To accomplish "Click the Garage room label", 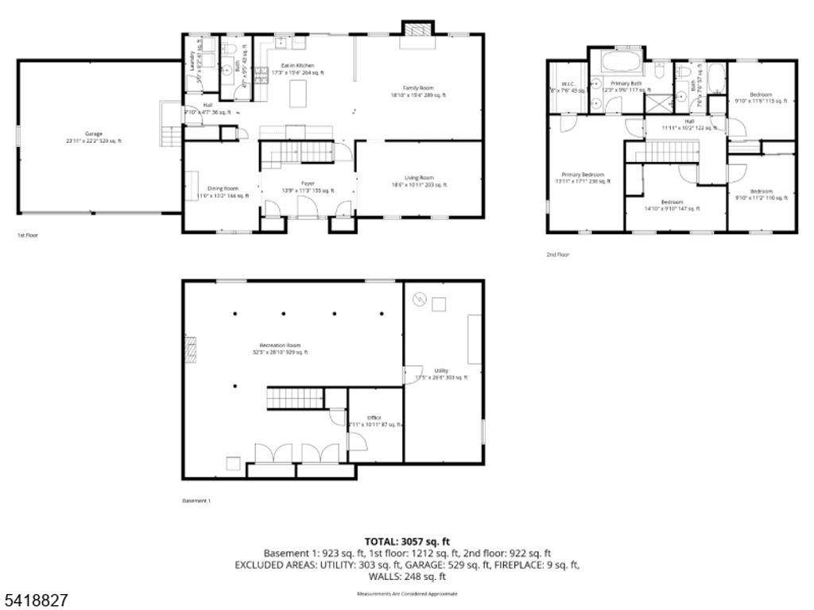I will coord(94,137).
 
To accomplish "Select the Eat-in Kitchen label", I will coord(297,68).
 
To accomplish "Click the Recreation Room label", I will coord(280,349).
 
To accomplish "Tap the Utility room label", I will coord(440,373).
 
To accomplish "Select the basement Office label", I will coord(374,421).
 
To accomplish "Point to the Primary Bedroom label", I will coord(583,177).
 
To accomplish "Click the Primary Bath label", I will coord(626,86).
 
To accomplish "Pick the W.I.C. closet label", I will coord(568,86).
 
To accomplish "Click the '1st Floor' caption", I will coord(28,235).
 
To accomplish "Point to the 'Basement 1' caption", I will coord(196,501).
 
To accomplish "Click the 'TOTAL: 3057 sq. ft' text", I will coord(407,541).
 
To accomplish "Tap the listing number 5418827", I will coord(35,596).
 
